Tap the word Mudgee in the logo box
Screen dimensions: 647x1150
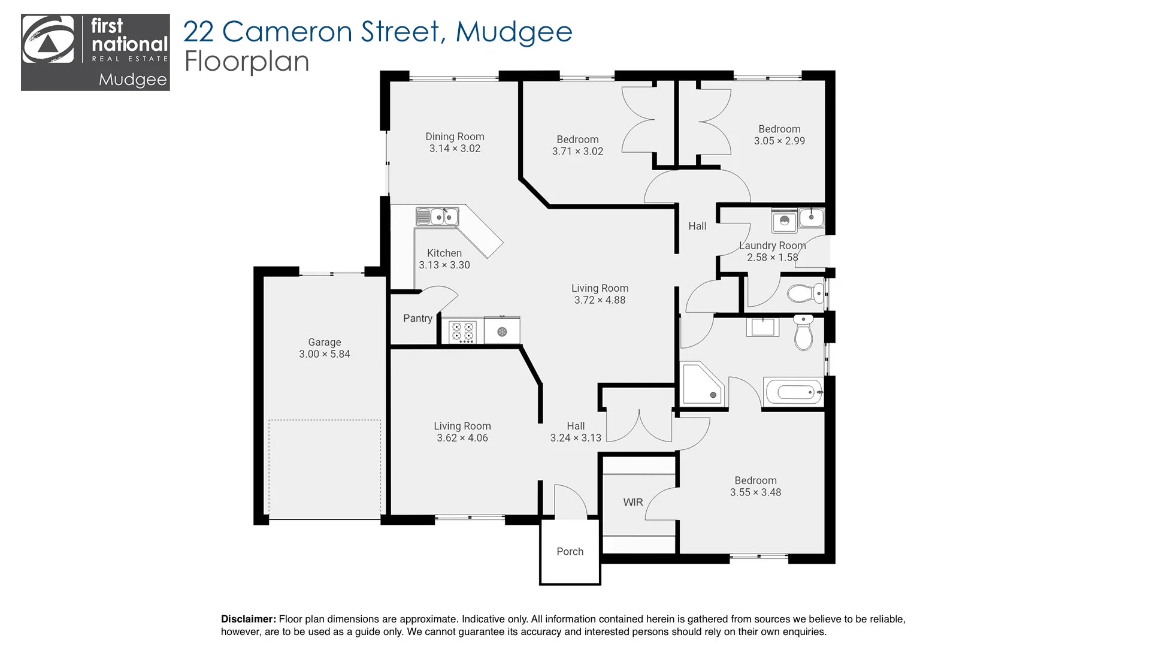(132, 80)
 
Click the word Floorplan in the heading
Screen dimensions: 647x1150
(246, 62)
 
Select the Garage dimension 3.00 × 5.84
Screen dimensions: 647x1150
(325, 354)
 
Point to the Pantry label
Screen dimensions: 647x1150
(417, 318)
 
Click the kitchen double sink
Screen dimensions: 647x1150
(437, 216)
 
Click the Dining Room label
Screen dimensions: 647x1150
(455, 137)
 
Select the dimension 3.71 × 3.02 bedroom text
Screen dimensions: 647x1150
(577, 152)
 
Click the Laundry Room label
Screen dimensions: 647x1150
(772, 246)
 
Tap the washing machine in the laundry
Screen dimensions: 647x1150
(784, 222)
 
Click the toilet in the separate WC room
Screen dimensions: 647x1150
(805, 294)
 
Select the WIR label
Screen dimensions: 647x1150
(633, 502)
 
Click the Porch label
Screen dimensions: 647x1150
(570, 551)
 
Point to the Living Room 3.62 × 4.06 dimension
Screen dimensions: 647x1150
(462, 438)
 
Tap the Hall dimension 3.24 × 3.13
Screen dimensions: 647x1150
(576, 438)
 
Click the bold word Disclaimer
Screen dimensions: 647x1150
(248, 619)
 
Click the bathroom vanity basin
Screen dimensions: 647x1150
(762, 328)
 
